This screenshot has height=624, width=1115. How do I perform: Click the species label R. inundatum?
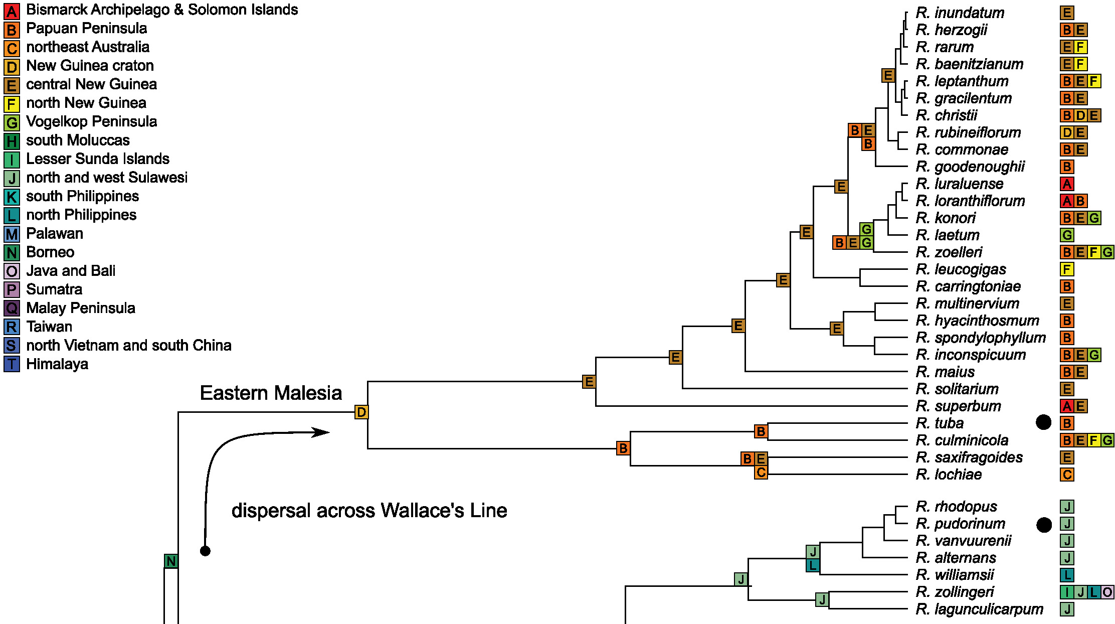(960, 13)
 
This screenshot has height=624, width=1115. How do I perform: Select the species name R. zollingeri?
(955, 592)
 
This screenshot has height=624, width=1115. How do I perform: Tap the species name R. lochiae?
(949, 474)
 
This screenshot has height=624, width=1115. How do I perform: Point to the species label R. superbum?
(958, 406)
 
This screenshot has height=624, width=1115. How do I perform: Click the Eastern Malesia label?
(271, 393)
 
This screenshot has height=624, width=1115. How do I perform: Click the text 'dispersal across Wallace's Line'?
(369, 511)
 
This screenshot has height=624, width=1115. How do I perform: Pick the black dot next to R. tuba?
(1043, 422)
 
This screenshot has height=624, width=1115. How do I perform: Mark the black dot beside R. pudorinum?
(1044, 525)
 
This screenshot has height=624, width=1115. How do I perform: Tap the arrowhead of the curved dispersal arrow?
(321, 432)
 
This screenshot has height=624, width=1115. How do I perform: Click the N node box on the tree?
(171, 561)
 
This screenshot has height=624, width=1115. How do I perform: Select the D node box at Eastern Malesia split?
(361, 412)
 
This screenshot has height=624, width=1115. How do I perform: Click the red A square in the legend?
(12, 11)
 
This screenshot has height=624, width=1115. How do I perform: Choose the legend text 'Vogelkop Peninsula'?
(91, 121)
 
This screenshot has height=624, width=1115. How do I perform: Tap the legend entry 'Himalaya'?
(57, 364)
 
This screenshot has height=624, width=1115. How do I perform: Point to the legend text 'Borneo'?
(50, 252)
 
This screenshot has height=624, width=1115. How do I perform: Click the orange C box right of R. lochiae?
(1067, 475)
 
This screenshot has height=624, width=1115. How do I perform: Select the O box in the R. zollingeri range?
(1107, 592)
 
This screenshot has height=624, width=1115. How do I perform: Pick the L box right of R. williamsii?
(1067, 575)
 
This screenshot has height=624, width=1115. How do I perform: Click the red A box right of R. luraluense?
(1067, 184)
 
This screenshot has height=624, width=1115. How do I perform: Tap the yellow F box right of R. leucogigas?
(1067, 269)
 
